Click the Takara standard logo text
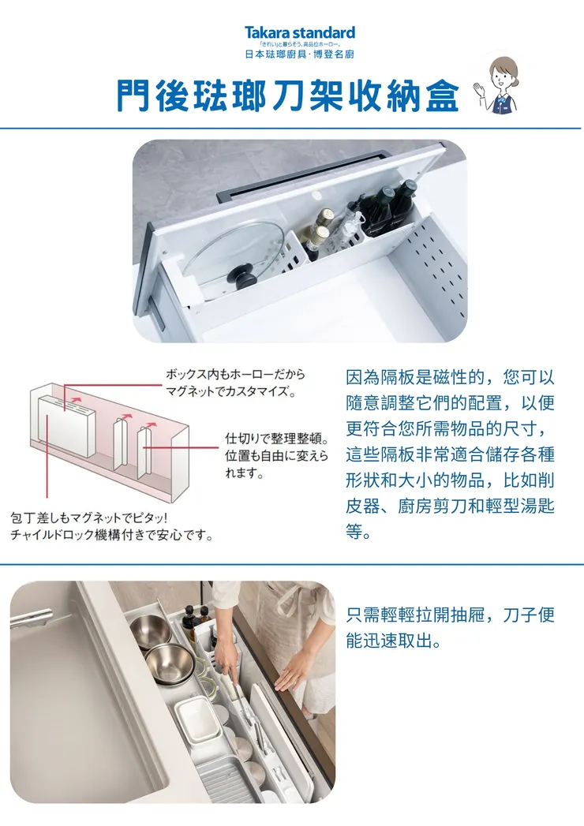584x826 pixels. (299, 32)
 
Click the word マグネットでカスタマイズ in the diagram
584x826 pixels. (230, 391)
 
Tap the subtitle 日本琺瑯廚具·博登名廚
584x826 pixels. (299, 54)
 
